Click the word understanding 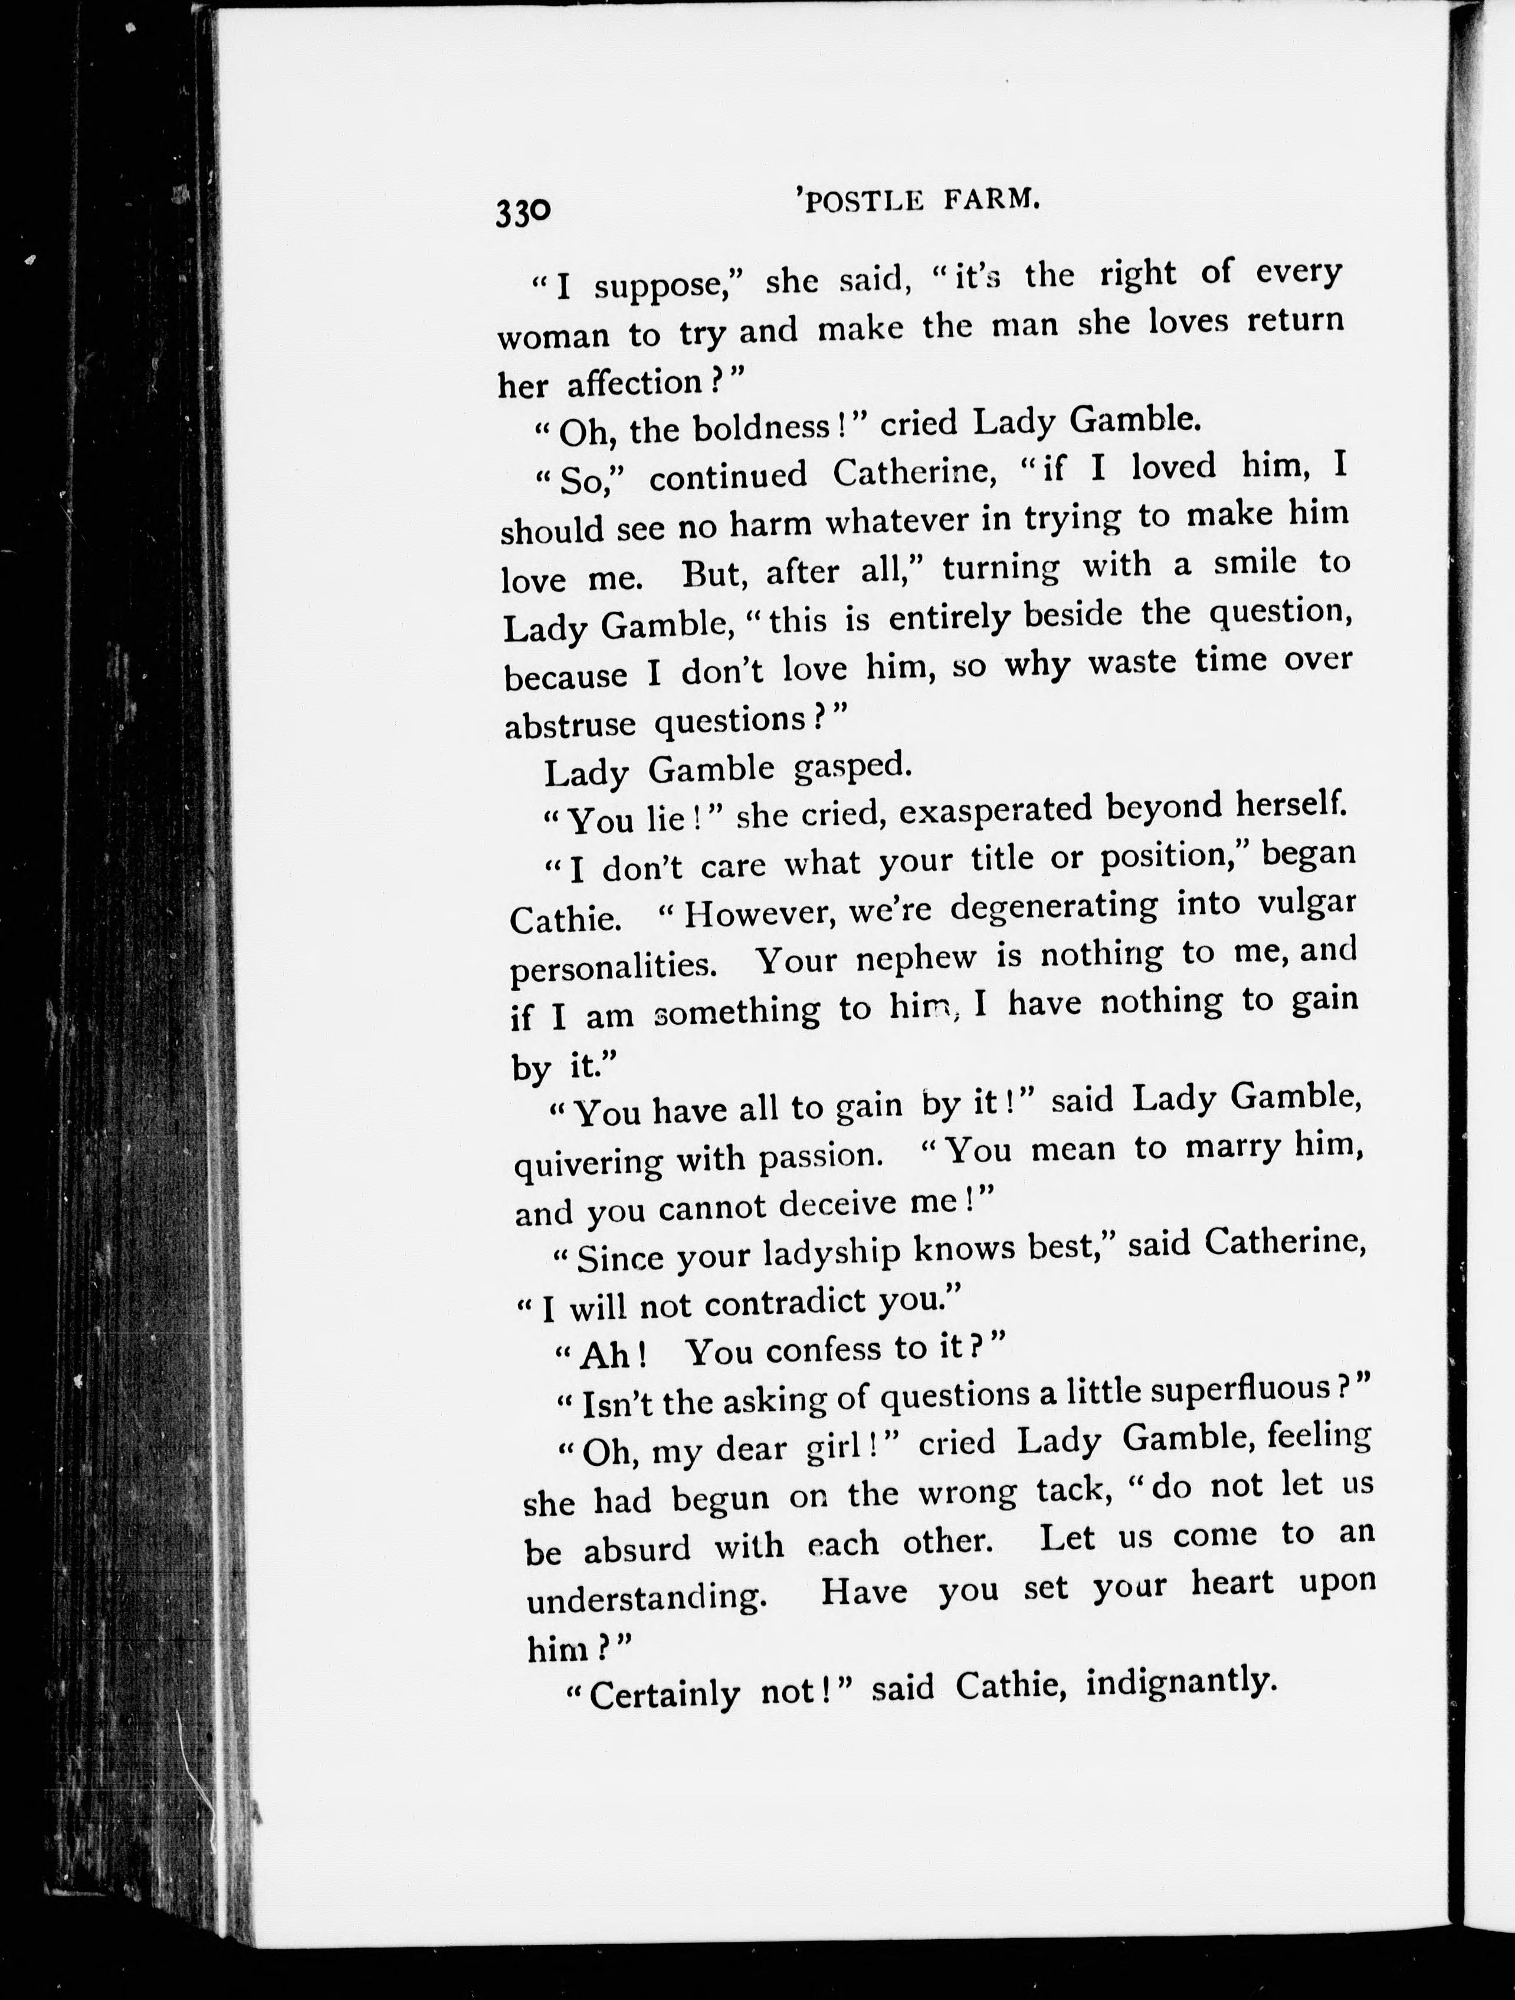coord(647,1598)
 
